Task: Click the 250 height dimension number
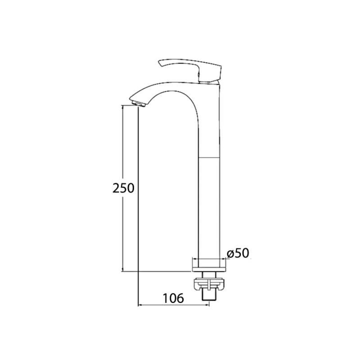(x=123, y=188)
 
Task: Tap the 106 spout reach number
(x=173, y=298)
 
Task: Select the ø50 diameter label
(x=238, y=253)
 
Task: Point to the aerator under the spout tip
(x=139, y=103)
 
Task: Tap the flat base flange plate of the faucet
(x=209, y=269)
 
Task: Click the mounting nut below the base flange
(x=209, y=284)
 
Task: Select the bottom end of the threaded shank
(x=209, y=300)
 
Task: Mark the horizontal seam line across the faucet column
(x=209, y=157)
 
